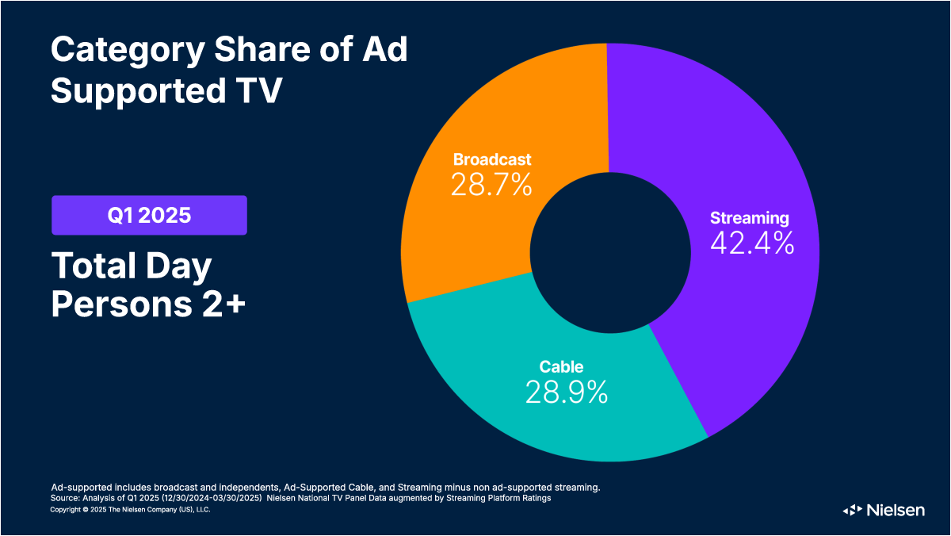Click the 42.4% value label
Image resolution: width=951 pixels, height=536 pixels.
(x=751, y=243)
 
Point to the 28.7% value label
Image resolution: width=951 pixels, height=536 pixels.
(x=491, y=185)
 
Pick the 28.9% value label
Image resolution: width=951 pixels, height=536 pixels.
(x=566, y=392)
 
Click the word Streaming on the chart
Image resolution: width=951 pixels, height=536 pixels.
(x=749, y=217)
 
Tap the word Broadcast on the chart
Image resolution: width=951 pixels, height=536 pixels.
(x=491, y=159)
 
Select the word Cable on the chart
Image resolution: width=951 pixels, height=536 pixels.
(x=561, y=366)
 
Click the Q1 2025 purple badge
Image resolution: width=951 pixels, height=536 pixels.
(x=149, y=215)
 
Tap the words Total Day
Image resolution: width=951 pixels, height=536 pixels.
(x=132, y=267)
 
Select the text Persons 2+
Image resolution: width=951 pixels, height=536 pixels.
(x=148, y=306)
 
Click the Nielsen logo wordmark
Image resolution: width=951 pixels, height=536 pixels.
(x=895, y=510)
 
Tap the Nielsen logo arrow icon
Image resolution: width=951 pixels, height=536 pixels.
(x=852, y=510)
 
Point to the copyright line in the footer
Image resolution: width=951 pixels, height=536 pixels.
(x=130, y=510)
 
